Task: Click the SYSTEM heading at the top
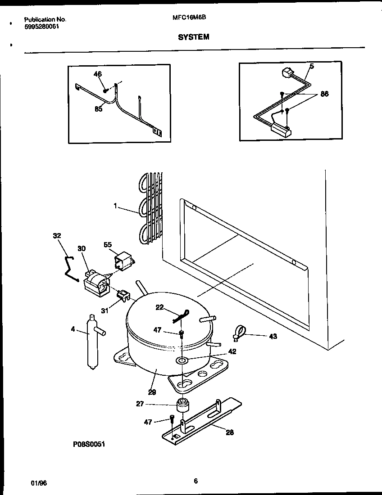(194, 37)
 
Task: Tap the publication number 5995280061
(41, 26)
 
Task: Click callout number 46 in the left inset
(97, 74)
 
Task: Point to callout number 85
(98, 108)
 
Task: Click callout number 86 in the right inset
(324, 94)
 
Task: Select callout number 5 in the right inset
(312, 66)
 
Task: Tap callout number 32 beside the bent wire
(57, 235)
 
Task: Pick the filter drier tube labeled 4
(91, 342)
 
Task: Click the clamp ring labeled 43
(239, 333)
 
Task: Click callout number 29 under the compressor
(152, 392)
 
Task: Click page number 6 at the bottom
(196, 481)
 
